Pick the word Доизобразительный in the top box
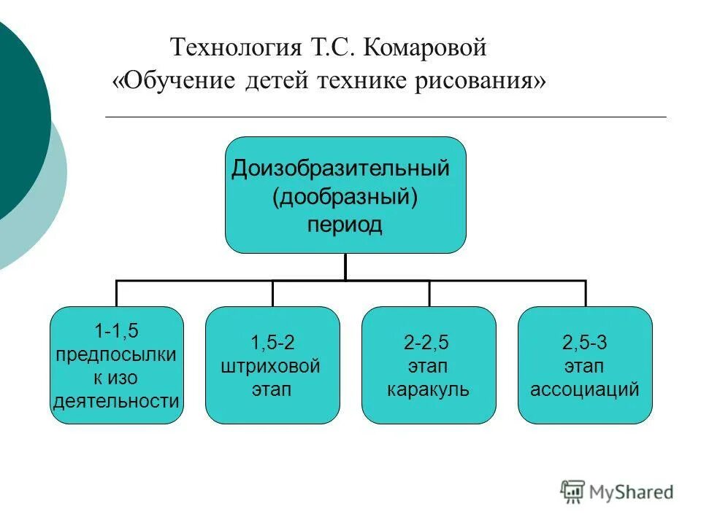340,169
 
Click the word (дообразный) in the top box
345,196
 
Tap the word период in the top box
345,224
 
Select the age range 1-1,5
116,330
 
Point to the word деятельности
116,400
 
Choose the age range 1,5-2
272,342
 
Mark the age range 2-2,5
428,342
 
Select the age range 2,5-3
584,342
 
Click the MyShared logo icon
572,491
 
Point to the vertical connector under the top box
345,267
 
